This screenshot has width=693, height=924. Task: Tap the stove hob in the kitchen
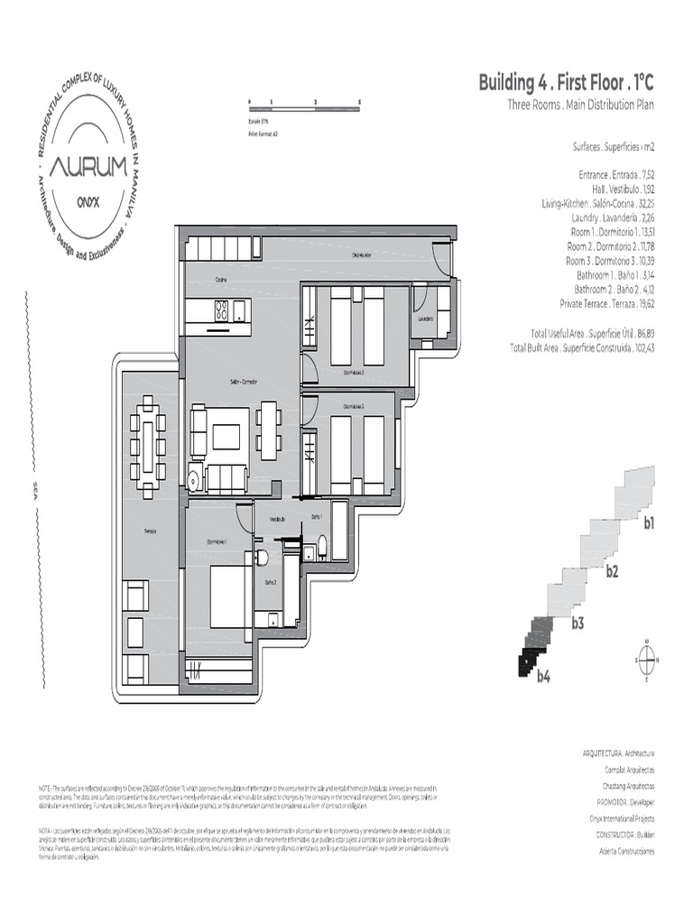[x=221, y=310]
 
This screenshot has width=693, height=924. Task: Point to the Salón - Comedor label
[x=243, y=383]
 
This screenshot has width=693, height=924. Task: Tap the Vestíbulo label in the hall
[x=278, y=520]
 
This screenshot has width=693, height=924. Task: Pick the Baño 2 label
[x=269, y=583]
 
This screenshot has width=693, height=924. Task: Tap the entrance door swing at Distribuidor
[x=441, y=261]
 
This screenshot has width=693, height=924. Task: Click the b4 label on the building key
[x=543, y=675]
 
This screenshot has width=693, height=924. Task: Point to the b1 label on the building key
[x=648, y=522]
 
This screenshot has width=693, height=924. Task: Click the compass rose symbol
[x=647, y=659]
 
